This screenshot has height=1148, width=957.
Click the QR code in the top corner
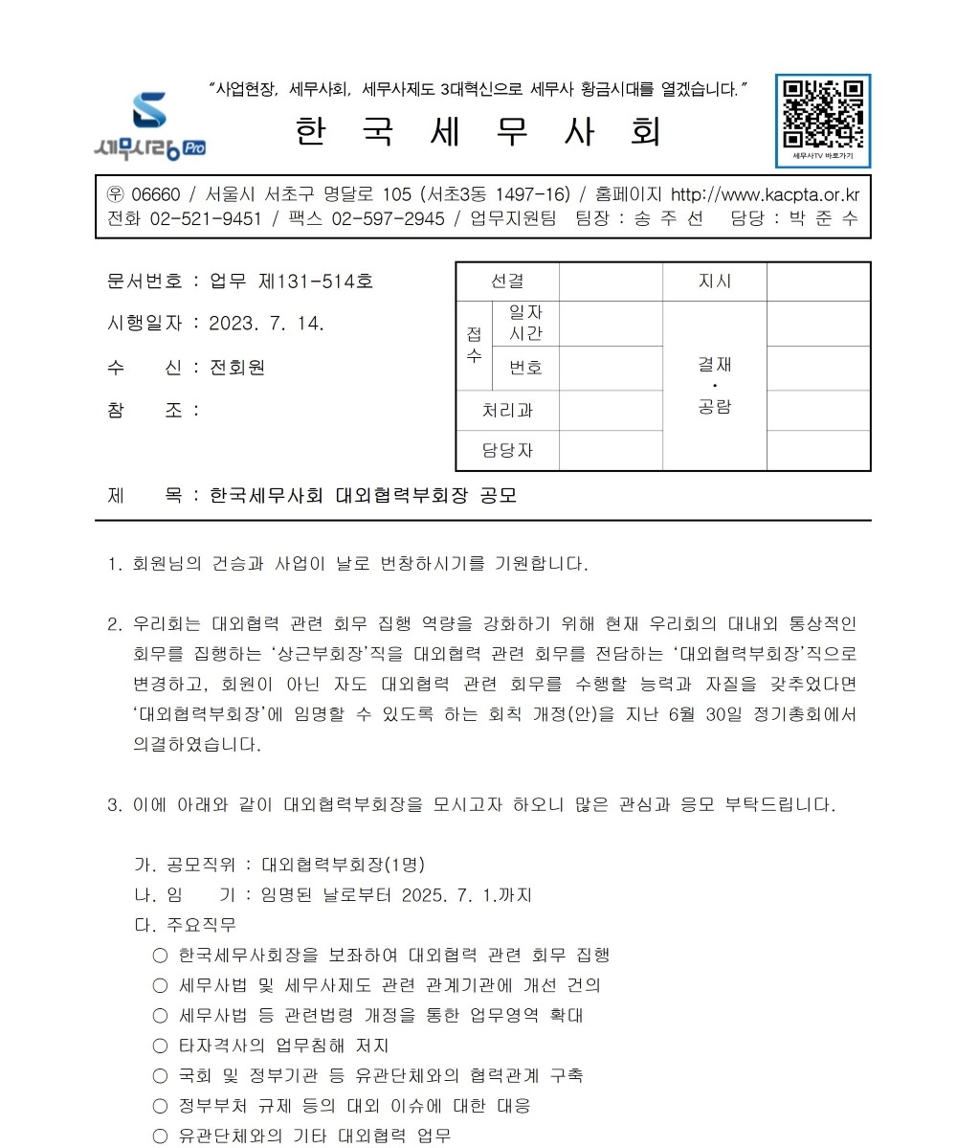tap(823, 113)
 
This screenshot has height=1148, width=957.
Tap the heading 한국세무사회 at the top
tap(478, 132)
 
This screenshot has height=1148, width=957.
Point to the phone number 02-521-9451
tap(206, 218)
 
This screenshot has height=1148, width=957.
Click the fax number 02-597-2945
tap(388, 218)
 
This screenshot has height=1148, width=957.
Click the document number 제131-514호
tap(316, 281)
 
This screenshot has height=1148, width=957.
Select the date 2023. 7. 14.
tap(267, 324)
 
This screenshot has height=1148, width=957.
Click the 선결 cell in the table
tap(507, 281)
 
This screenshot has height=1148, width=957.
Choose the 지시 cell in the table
tap(715, 281)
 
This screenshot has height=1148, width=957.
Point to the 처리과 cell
tap(507, 411)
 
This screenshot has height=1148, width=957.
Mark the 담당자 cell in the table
tap(507, 451)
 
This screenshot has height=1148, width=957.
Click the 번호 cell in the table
tap(525, 368)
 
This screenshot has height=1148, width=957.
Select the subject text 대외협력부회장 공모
tap(426, 496)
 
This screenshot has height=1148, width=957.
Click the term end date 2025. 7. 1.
tap(449, 895)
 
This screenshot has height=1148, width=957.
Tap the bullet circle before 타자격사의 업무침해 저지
tap(160, 1046)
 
